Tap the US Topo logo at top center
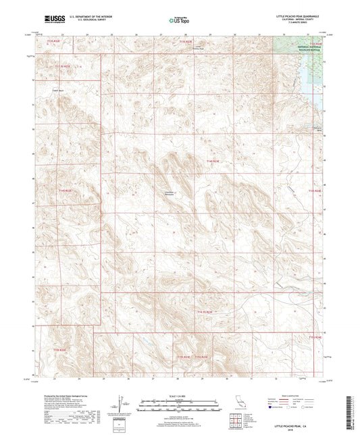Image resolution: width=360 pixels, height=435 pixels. pyautogui.click(x=179, y=21)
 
